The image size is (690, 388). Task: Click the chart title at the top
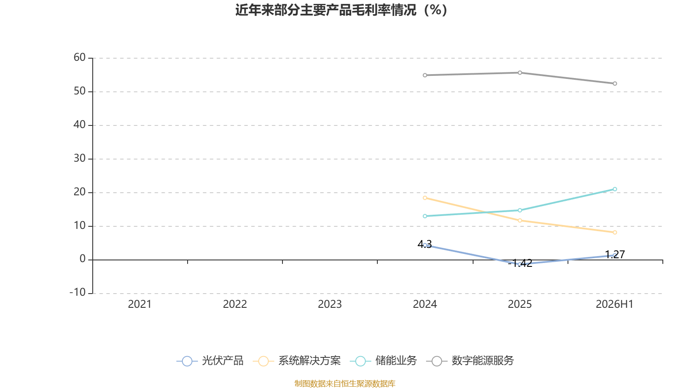click(341, 10)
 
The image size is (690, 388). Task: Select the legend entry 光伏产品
click(210, 360)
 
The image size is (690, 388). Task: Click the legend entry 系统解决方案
click(297, 360)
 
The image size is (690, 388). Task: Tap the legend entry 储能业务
click(383, 360)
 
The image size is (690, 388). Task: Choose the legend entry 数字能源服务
click(470, 360)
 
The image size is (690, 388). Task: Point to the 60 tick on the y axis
click(79, 57)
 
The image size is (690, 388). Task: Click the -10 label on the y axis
click(78, 292)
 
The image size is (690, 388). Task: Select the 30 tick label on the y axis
click(79, 158)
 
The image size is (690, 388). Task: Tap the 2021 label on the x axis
click(140, 304)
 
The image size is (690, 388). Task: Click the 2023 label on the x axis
click(330, 304)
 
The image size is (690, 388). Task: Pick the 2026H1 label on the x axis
click(615, 304)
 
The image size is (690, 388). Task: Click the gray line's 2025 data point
click(520, 73)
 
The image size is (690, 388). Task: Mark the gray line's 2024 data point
click(425, 75)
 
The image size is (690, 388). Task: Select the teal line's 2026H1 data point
click(615, 189)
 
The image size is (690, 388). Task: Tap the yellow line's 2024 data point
click(425, 198)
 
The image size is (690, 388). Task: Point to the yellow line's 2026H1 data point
click(615, 232)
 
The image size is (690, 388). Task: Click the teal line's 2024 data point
click(425, 216)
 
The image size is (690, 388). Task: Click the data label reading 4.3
click(424, 244)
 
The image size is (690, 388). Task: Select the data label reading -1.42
click(520, 263)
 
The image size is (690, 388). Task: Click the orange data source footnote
click(345, 383)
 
